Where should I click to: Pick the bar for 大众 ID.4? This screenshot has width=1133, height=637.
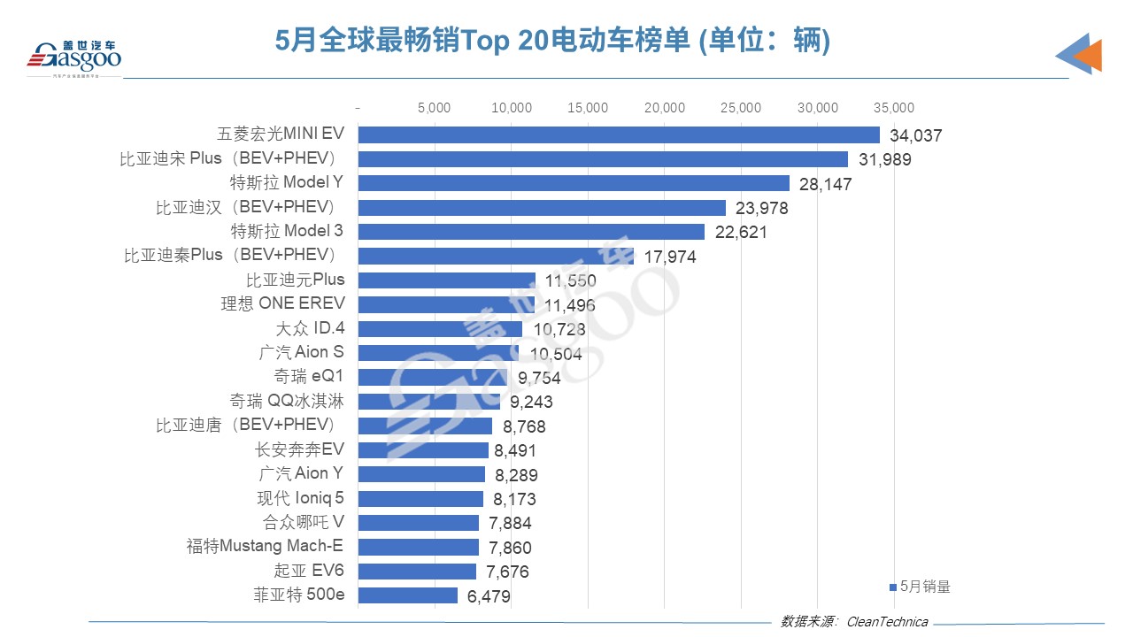coord(440,329)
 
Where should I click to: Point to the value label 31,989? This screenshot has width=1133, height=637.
coord(883,160)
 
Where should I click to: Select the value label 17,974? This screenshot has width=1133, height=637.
coord(667,257)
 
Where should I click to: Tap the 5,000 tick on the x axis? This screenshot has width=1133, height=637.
coord(434,108)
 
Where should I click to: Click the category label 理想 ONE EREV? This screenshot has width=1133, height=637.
coord(282,303)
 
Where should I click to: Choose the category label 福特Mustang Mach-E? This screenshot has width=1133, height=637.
coord(265,546)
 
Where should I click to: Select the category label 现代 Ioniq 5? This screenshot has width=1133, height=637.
coord(300,498)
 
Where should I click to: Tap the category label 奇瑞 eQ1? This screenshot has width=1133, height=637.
coord(309,377)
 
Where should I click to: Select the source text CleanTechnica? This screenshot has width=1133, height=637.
coord(887,622)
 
